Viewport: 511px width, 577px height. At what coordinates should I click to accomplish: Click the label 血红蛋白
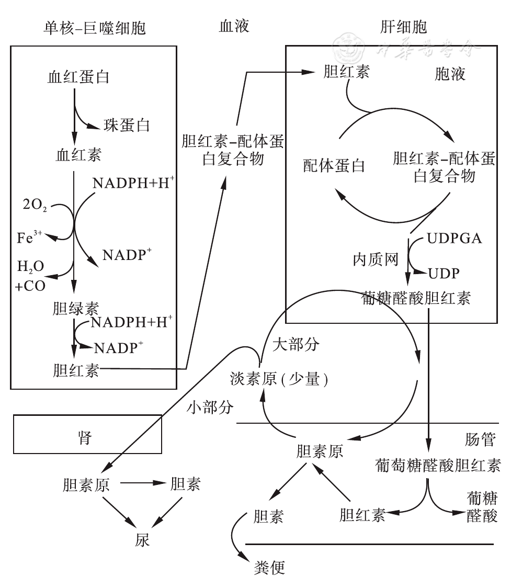[78, 77]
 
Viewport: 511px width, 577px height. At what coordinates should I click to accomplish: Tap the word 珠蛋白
[127, 125]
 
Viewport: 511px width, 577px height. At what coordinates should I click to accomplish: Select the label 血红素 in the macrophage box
[79, 155]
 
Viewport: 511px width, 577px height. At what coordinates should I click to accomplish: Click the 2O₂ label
[35, 206]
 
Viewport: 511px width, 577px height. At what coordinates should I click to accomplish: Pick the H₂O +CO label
[31, 276]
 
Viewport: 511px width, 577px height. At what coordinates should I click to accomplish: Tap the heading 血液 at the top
[234, 26]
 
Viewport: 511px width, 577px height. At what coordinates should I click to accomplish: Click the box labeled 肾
[87, 434]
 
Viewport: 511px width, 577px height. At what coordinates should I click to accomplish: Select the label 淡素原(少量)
[279, 379]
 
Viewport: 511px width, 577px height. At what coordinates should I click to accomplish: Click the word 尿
[142, 540]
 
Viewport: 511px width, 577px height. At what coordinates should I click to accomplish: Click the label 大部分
[296, 345]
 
